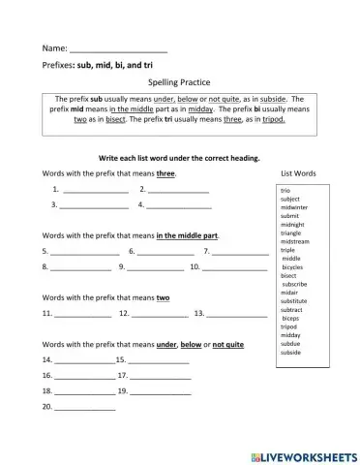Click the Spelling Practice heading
(180, 82)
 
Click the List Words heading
(297, 173)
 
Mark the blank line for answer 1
(96, 191)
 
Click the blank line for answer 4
(179, 206)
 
